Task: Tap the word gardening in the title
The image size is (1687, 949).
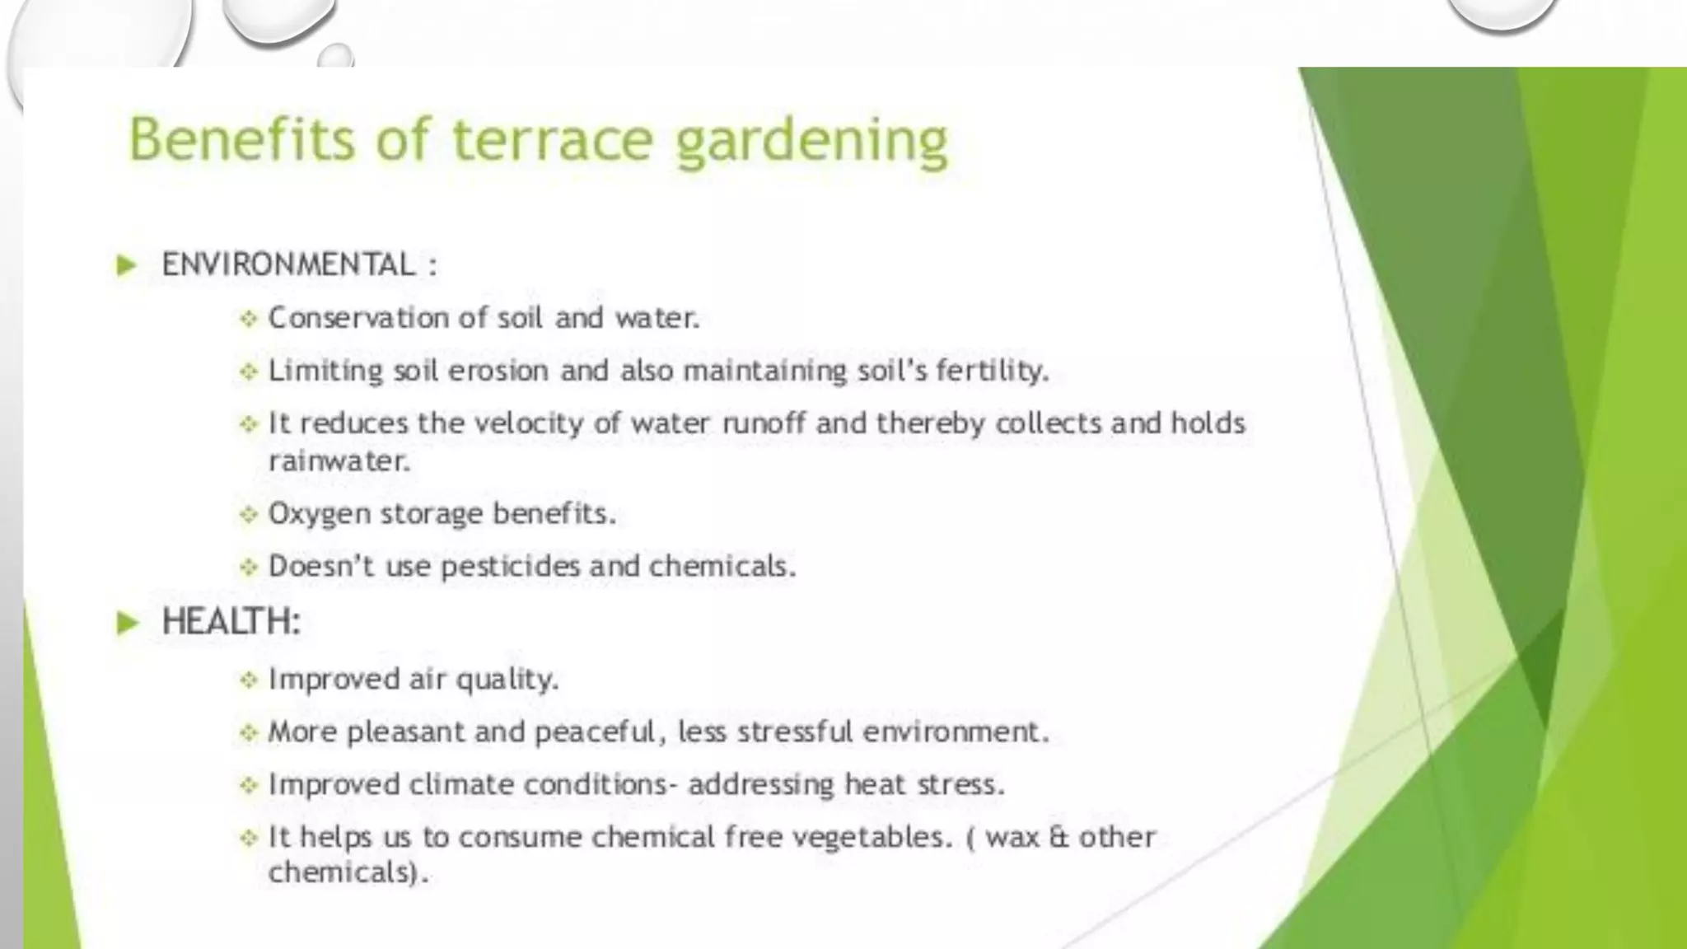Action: pyautogui.click(x=811, y=142)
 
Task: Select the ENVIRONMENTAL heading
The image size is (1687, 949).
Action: pyautogui.click(x=288, y=265)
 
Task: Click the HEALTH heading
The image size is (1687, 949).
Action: pyautogui.click(x=231, y=621)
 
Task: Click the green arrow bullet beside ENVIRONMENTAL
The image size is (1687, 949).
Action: pyautogui.click(x=126, y=265)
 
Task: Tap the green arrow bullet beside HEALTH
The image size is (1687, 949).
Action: pyautogui.click(x=128, y=622)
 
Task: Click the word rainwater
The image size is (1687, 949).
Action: pyautogui.click(x=339, y=461)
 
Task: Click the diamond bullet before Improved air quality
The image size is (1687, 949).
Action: pyautogui.click(x=248, y=680)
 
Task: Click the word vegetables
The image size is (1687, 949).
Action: pyautogui.click(x=872, y=838)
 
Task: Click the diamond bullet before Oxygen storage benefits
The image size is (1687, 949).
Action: pyautogui.click(x=248, y=515)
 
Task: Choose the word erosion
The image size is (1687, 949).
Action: pyautogui.click(x=498, y=371)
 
